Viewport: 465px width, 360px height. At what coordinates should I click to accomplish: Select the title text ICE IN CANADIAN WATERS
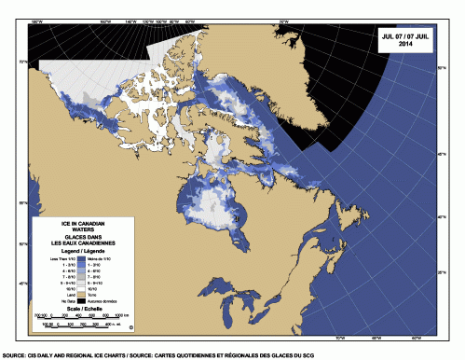click(82, 228)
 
